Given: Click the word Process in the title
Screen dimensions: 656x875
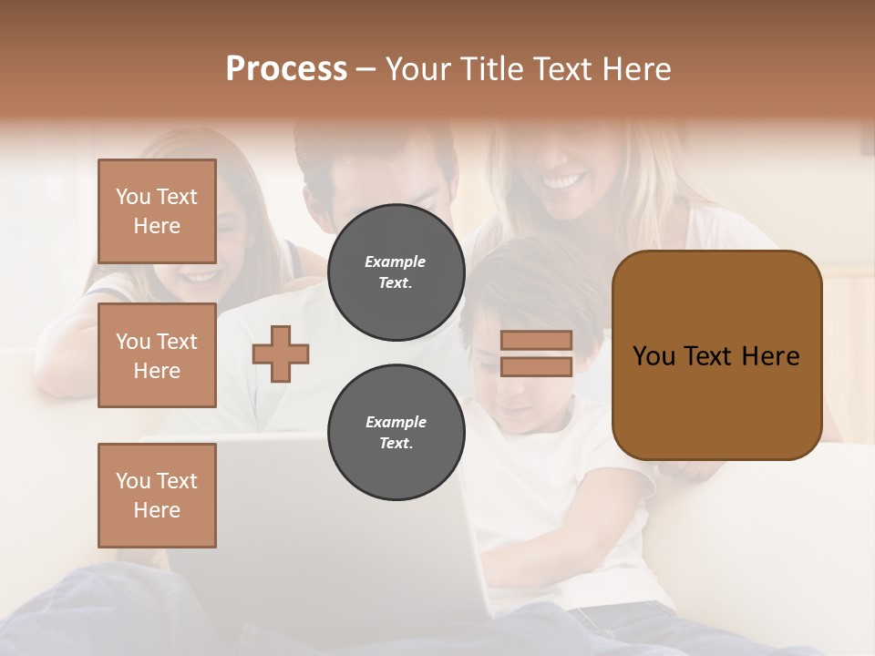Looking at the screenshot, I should [x=286, y=69].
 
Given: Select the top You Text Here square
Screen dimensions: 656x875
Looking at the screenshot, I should [x=157, y=211].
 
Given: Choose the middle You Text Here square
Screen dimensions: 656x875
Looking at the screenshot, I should [x=157, y=355].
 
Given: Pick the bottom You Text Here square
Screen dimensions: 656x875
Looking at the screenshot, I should [x=157, y=496].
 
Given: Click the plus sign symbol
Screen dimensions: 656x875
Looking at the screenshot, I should [x=281, y=354].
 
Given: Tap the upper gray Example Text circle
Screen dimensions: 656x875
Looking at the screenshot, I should [x=396, y=272].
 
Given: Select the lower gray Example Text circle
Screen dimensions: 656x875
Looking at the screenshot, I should [x=396, y=433].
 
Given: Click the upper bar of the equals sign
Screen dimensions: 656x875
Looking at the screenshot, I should [x=536, y=341].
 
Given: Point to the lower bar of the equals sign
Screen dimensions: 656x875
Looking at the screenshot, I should [x=536, y=366].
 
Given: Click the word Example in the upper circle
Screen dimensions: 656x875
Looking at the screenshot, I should [x=396, y=261].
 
